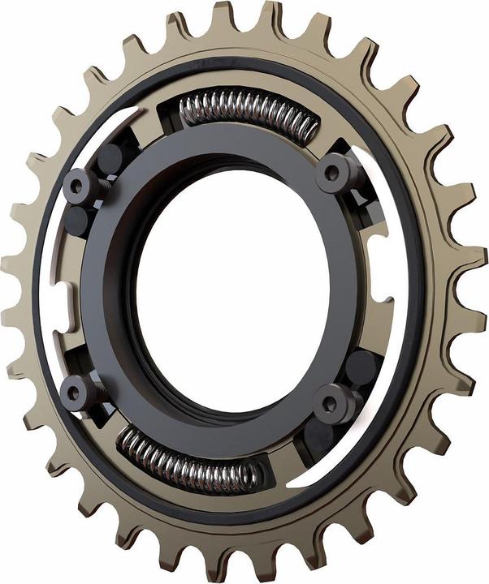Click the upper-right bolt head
tap(334, 173)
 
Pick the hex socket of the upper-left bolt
tap(78, 186)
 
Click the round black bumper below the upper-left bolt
tap(77, 220)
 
